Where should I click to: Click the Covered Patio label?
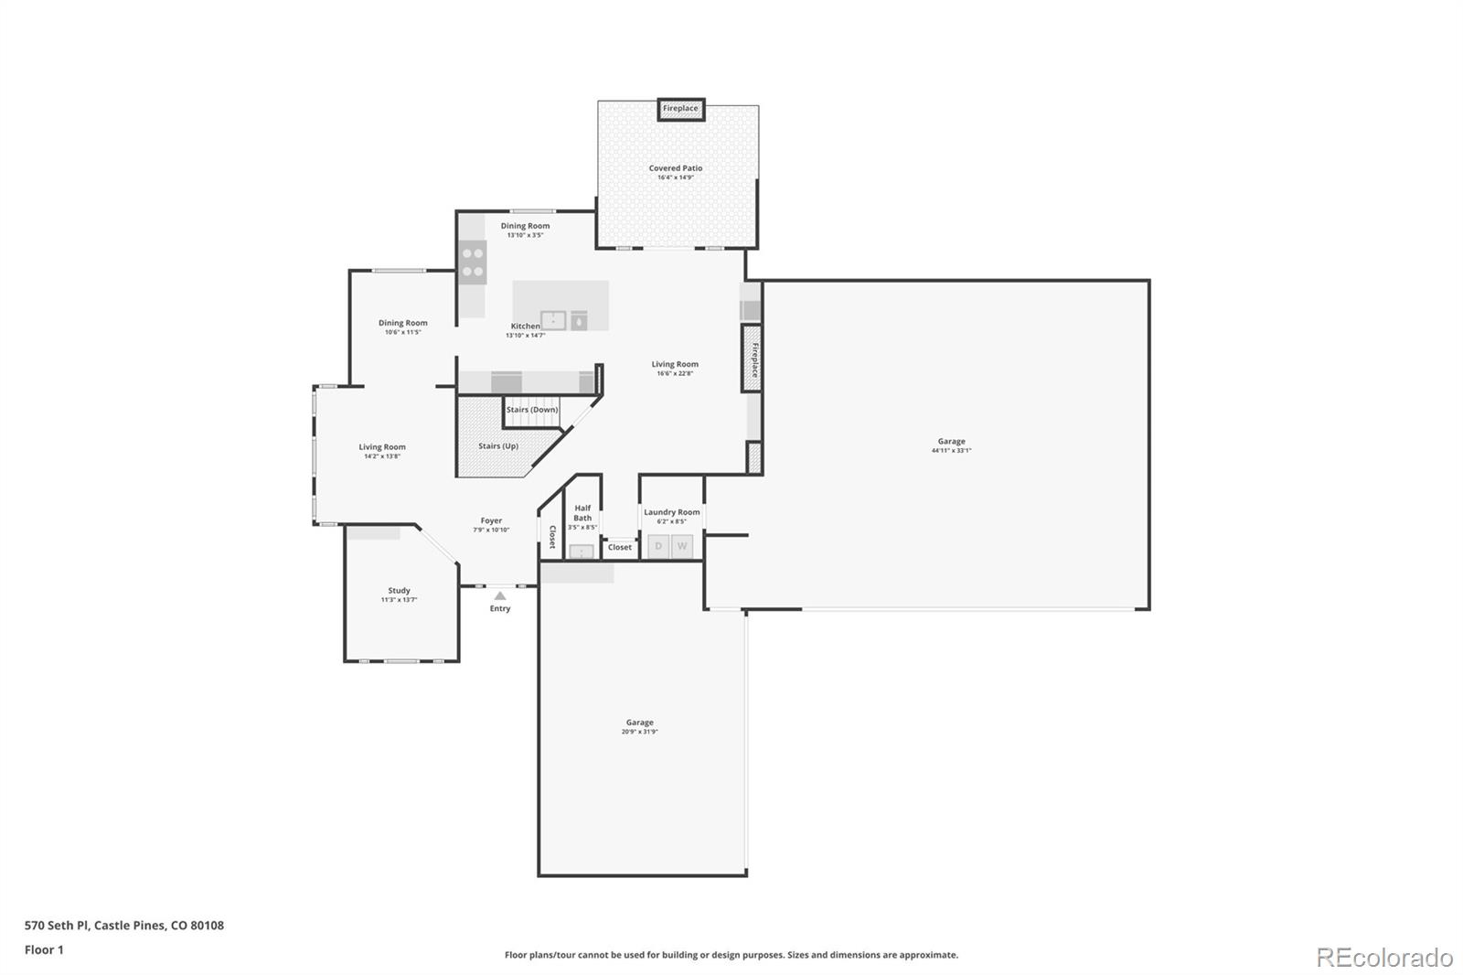[676, 168]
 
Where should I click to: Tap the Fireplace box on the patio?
[680, 109]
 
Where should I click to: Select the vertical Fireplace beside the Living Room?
[753, 359]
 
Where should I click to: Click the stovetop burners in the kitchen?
[473, 262]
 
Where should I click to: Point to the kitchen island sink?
[553, 320]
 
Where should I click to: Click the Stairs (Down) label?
[532, 410]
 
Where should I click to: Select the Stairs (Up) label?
[498, 446]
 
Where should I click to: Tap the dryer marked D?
[658, 546]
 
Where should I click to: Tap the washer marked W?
[682, 546]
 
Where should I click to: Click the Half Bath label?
[582, 513]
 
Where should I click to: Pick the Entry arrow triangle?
[500, 595]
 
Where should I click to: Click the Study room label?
[399, 591]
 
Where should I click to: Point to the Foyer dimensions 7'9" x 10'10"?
[491, 530]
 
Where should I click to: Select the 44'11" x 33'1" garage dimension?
[951, 451]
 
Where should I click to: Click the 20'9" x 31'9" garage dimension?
[639, 732]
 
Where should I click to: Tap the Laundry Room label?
[671, 512]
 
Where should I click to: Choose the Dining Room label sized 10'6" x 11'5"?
[403, 323]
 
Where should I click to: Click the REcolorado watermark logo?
[1384, 958]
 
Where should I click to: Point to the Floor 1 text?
[44, 949]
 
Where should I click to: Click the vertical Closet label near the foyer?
[552, 537]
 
